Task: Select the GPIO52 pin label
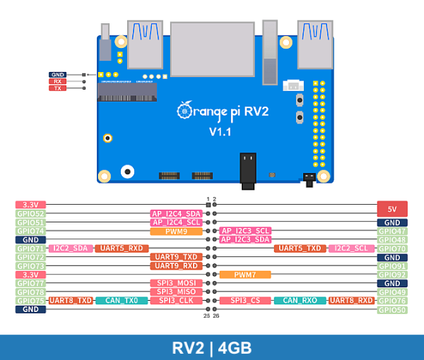pos(30,213)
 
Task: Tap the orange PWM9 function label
pos(176,231)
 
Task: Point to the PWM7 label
pos(245,275)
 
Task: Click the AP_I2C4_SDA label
pos(176,213)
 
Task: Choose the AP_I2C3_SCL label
pos(245,231)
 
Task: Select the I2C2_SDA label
pos(70,248)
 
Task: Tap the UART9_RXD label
pos(176,266)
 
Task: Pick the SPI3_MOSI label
pos(176,283)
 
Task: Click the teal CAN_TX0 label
pos(122,301)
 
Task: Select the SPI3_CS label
pos(245,301)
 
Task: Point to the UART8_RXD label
pos(351,301)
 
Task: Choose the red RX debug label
pos(57,81)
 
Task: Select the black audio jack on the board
pos(248,170)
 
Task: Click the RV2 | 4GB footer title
pos(212,348)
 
